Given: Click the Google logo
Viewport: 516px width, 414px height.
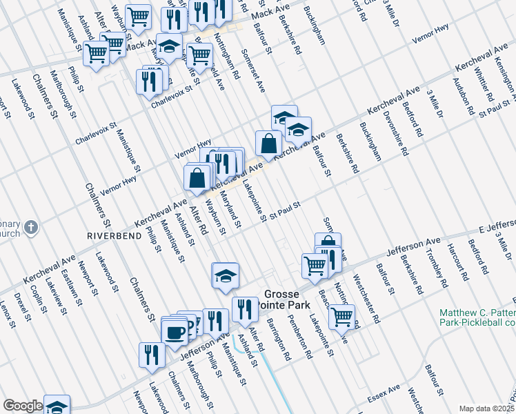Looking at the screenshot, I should coord(23,406).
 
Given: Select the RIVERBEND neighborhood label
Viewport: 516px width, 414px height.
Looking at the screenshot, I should coord(110,235).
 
